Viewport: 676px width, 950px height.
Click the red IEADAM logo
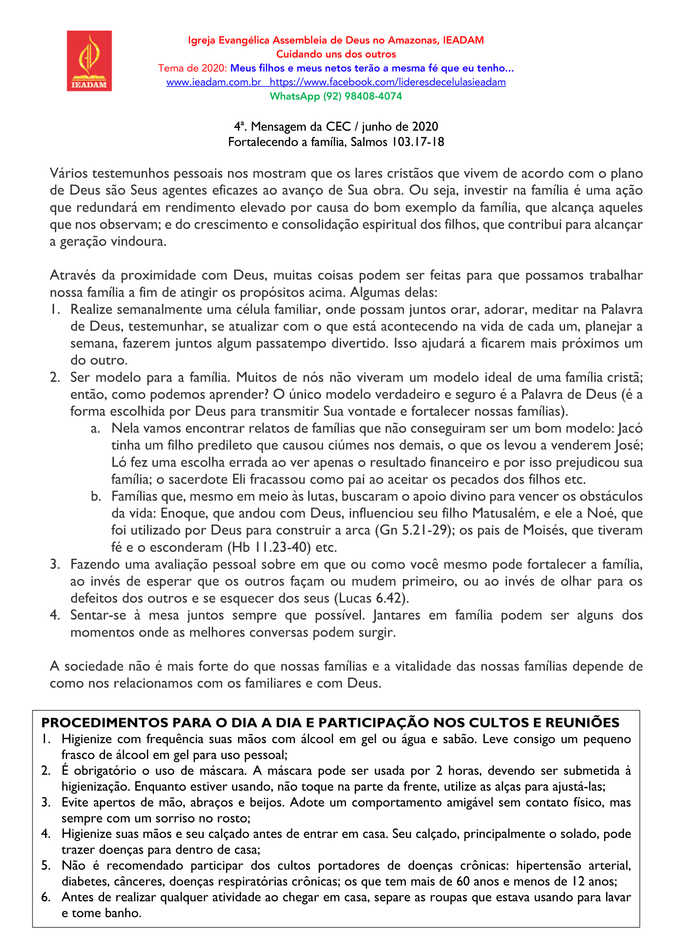point(89,61)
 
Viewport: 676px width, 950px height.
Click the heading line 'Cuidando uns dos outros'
point(336,54)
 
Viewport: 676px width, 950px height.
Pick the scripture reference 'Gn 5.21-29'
point(414,530)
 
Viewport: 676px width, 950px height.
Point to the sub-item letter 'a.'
point(95,428)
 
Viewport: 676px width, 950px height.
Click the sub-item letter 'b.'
point(95,496)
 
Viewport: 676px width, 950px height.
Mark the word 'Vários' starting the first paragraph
point(69,173)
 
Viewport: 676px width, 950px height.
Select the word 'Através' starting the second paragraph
point(72,275)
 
